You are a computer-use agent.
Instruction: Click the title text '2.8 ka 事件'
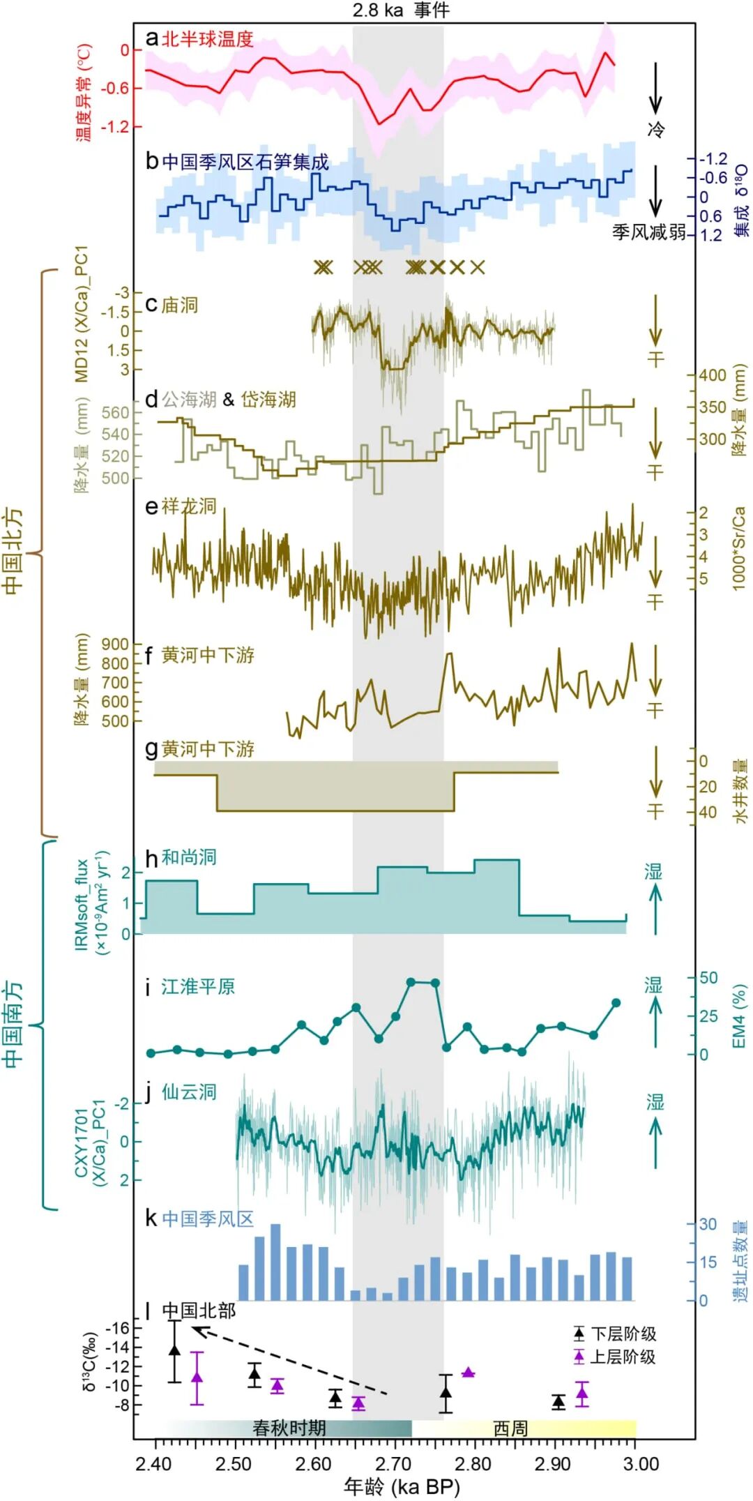tap(400, 10)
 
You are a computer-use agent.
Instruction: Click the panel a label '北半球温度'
tap(207, 40)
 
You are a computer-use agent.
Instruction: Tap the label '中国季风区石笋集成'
tap(245, 162)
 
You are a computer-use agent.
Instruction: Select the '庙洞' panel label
tap(180, 306)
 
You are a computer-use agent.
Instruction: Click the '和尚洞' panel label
tap(189, 857)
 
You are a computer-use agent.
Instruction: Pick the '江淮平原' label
tap(198, 986)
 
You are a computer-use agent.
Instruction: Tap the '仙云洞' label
tap(189, 1092)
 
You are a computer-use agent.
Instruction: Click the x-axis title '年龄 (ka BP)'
tap(402, 1487)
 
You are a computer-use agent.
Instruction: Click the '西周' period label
tap(510, 1428)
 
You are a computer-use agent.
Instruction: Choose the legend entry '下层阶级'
tap(623, 1334)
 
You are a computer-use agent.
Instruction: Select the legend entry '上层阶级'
tap(623, 1357)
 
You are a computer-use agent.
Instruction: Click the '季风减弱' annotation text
tap(648, 232)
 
